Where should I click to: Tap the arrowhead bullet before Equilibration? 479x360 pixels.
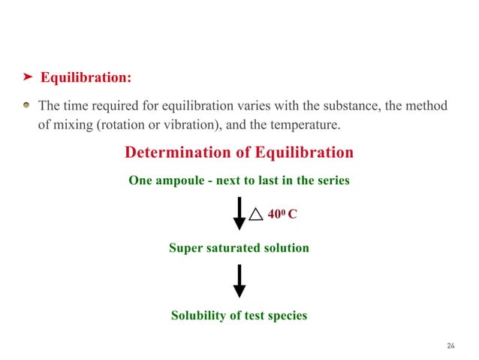point(26,77)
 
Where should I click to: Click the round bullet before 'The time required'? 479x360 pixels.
point(27,105)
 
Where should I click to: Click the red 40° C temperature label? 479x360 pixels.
point(282,214)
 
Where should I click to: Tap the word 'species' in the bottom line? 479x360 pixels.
point(286,316)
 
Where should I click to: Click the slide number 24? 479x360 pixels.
point(450,346)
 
